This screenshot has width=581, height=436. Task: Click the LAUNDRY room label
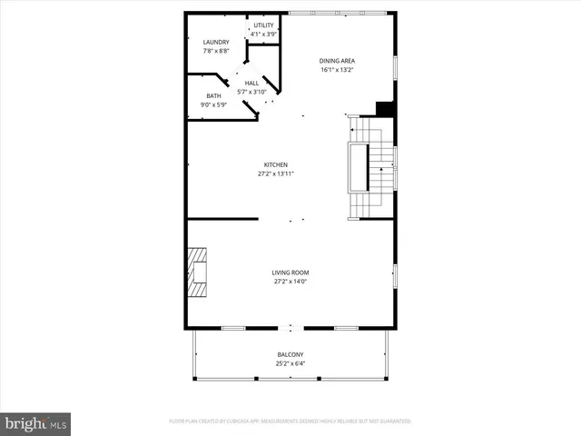(x=216, y=42)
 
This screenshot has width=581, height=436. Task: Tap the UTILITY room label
(x=264, y=25)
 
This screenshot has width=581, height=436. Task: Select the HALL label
(x=251, y=83)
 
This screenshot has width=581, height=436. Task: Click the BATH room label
(x=213, y=95)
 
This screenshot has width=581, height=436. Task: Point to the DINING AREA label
(x=336, y=60)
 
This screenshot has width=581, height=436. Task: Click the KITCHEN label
(x=277, y=164)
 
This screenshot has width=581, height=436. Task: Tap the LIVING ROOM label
(x=290, y=272)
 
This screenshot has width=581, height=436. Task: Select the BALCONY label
(x=290, y=354)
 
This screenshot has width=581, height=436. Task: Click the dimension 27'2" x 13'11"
(x=277, y=173)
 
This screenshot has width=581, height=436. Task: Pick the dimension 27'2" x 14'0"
(x=290, y=282)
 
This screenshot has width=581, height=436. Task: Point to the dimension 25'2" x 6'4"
(x=290, y=363)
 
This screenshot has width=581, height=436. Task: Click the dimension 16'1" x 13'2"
(x=336, y=69)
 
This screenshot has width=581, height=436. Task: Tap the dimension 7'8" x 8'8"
(x=216, y=51)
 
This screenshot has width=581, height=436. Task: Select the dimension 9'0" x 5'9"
(x=213, y=104)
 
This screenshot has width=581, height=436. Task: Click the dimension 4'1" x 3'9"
(x=264, y=35)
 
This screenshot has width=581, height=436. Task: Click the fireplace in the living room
(x=197, y=272)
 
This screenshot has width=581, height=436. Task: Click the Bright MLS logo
(x=36, y=422)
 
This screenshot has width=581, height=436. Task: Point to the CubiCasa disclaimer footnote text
(x=290, y=421)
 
